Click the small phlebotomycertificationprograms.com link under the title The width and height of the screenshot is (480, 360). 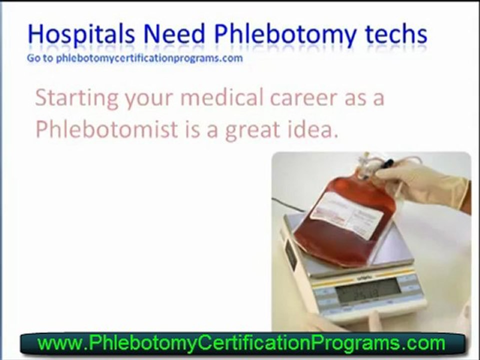[149, 57]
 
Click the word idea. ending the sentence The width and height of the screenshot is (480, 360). [313, 129]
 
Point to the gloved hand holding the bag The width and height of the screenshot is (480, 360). [425, 182]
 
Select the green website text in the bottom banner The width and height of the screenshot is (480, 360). [241, 343]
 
